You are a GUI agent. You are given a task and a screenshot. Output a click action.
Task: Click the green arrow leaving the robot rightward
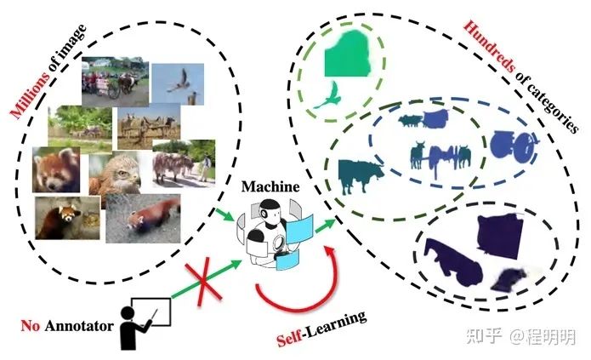[323, 226]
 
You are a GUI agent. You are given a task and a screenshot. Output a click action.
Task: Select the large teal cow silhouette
[359, 175]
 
